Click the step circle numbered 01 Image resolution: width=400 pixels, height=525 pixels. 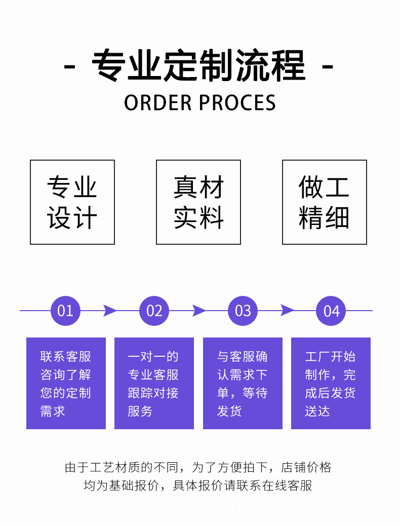(x=66, y=311)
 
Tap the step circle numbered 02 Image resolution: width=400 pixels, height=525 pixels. (x=154, y=311)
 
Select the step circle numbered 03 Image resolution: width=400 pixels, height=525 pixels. (x=243, y=311)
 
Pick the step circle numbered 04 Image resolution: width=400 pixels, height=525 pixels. (x=331, y=311)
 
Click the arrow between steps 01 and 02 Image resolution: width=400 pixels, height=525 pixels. (x=110, y=311)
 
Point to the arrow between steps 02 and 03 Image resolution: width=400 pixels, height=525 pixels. (x=199, y=311)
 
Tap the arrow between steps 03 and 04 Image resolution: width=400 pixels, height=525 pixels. (x=287, y=311)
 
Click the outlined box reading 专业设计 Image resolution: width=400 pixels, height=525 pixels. (x=72, y=202)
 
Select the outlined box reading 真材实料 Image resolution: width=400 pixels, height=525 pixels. (x=198, y=202)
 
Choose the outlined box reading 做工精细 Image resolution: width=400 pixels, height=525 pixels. (x=325, y=202)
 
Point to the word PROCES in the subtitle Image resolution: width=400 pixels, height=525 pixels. (x=237, y=103)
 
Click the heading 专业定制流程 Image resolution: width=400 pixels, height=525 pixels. (x=199, y=66)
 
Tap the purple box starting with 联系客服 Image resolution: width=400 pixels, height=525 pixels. (x=66, y=383)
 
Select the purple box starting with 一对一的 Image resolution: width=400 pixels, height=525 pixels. (x=154, y=383)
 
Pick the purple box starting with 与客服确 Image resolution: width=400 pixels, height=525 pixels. (x=243, y=383)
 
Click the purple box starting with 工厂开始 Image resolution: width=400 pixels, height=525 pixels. (x=331, y=383)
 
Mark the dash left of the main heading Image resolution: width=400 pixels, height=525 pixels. (x=70, y=66)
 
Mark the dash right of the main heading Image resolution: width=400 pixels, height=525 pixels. (x=328, y=66)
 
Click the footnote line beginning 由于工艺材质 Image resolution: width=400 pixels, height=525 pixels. (x=198, y=467)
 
